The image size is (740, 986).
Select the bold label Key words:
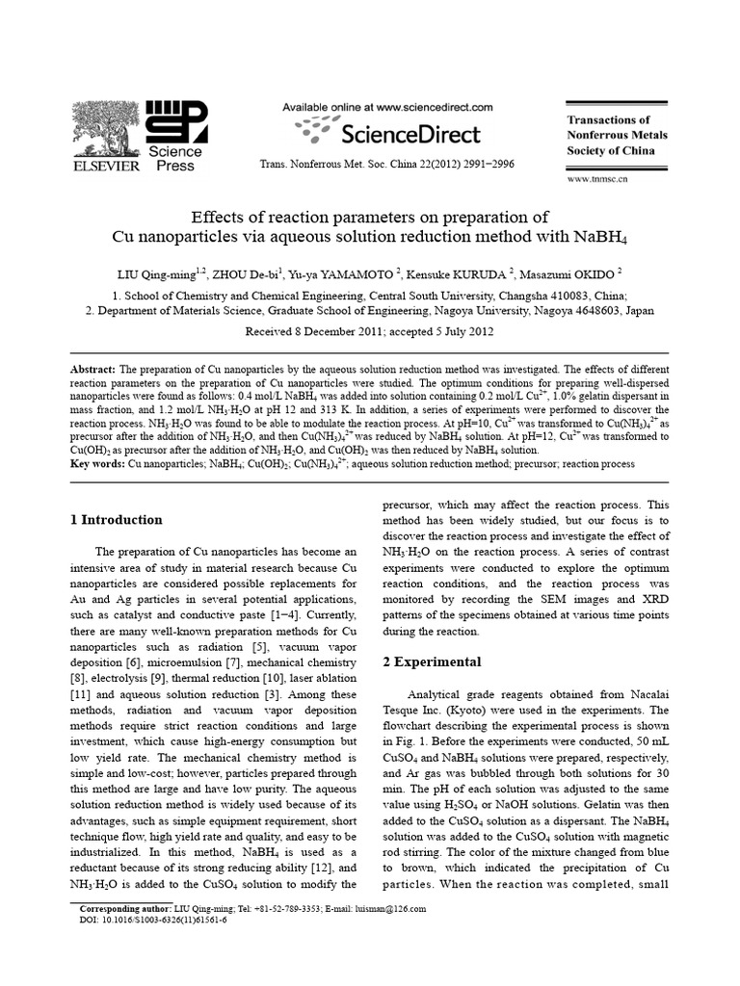tap(98, 463)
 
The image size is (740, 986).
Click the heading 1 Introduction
tap(117, 520)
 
